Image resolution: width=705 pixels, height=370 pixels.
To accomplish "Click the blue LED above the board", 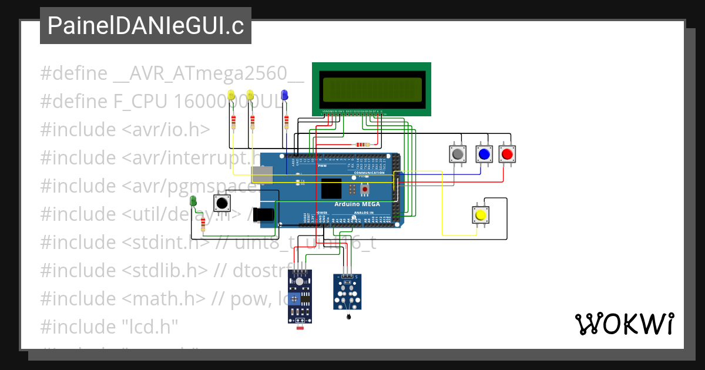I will point(284,95).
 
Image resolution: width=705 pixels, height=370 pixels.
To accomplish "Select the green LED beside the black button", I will point(193,202).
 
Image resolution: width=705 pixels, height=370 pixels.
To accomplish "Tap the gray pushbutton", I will point(457,154).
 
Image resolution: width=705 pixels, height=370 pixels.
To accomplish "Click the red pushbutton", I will point(506,154).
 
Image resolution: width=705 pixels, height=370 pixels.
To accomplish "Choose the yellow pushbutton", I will point(481,214).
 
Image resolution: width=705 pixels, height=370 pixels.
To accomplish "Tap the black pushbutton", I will point(221,203).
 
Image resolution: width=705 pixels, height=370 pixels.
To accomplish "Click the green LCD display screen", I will point(372,89).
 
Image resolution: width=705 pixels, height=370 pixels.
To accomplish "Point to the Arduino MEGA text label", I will point(357,204).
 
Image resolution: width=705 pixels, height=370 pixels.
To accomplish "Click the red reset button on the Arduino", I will point(365,189).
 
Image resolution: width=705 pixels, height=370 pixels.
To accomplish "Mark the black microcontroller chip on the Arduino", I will point(331,189).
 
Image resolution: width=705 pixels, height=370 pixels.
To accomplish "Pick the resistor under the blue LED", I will point(287,122).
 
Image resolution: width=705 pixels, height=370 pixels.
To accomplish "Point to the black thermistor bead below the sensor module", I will point(350,317).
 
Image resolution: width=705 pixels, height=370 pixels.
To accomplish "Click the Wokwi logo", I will point(624,324).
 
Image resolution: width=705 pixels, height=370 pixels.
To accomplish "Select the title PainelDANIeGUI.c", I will point(145,26).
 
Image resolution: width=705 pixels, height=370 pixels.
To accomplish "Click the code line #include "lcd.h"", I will point(109,327).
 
